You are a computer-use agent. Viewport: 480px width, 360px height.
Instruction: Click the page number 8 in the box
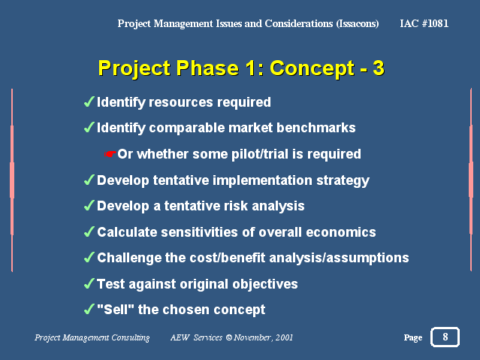click(445, 337)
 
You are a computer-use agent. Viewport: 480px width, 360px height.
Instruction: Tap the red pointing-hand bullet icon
click(110, 154)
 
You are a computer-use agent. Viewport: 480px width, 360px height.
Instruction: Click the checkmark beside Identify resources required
click(89, 101)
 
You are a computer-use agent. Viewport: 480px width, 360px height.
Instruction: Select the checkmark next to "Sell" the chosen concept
click(89, 309)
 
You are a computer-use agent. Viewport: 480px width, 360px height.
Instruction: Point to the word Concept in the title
click(312, 68)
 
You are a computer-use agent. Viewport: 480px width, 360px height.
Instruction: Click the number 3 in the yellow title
click(379, 68)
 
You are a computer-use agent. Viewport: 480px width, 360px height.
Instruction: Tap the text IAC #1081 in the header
click(424, 23)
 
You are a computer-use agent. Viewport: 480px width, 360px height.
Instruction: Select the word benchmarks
click(316, 128)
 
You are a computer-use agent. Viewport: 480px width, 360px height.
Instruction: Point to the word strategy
click(343, 181)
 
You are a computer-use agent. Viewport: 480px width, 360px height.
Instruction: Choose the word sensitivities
click(199, 232)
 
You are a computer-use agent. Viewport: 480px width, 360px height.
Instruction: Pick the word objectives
click(265, 284)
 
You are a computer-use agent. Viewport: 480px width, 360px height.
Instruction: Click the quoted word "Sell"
click(116, 309)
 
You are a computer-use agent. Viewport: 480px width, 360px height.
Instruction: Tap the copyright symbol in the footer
click(228, 337)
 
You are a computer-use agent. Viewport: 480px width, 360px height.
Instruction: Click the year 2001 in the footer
click(284, 337)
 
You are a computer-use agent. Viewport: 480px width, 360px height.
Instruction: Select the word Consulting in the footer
click(131, 337)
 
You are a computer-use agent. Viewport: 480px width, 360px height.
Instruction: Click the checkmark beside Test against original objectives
click(89, 283)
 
